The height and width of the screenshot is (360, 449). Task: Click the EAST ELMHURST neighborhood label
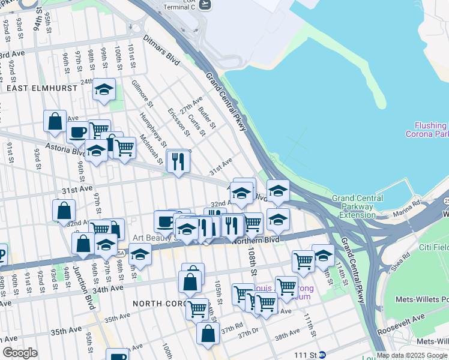click(x=42, y=88)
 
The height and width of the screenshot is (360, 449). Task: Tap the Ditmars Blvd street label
click(x=161, y=50)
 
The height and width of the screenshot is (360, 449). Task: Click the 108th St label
click(x=253, y=263)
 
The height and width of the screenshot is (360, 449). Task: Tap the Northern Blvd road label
click(x=256, y=240)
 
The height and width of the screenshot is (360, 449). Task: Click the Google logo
click(x=20, y=353)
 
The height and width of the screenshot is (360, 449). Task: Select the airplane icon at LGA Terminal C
click(x=205, y=4)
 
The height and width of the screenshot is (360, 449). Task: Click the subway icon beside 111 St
click(x=322, y=355)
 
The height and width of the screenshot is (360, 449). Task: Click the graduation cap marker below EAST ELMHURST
click(x=104, y=90)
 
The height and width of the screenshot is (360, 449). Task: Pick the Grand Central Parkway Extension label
click(x=358, y=206)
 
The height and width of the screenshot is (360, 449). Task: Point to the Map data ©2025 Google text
click(x=411, y=355)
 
